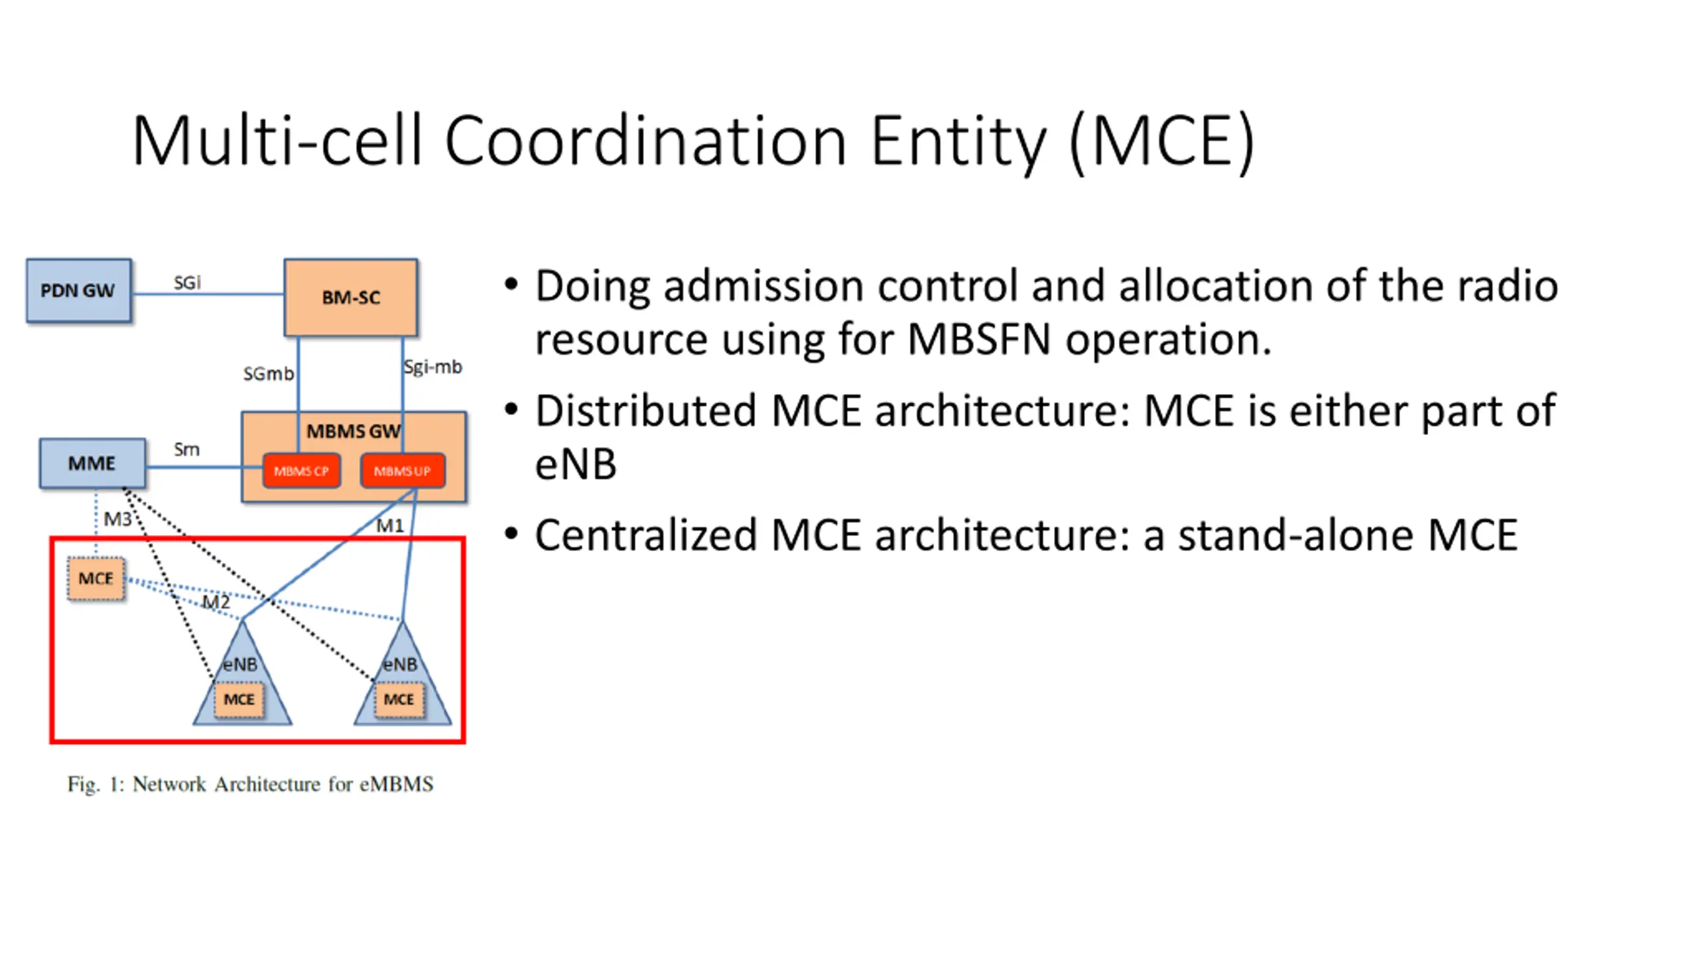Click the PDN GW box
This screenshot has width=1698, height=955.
[79, 290]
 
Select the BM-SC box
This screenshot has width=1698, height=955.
[351, 297]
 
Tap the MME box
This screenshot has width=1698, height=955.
[92, 463]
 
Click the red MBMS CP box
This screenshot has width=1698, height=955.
[302, 471]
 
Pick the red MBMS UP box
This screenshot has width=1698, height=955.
[403, 471]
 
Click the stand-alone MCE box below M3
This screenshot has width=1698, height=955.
[96, 579]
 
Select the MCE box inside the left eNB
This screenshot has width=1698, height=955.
[239, 700]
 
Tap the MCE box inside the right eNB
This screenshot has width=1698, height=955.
[399, 700]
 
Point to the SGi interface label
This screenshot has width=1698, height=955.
[187, 283]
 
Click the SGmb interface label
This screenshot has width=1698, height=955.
[269, 374]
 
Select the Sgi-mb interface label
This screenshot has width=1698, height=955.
[433, 367]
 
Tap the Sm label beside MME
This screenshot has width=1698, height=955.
[186, 450]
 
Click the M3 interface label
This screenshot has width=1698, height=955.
[117, 519]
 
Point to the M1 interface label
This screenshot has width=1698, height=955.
[390, 526]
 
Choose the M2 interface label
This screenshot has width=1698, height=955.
[216, 602]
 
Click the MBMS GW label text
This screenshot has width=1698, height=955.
[354, 432]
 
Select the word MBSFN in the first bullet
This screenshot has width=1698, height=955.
[979, 339]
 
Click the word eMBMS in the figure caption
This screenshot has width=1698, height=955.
[397, 784]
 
